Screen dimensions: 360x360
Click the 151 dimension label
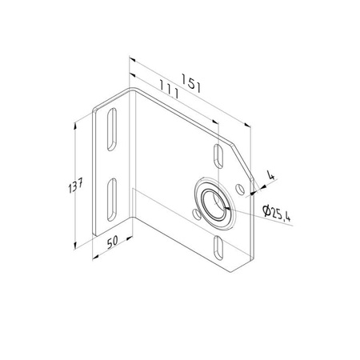[x=190, y=83]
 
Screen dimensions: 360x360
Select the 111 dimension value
[x=169, y=89]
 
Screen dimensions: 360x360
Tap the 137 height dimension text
[x=75, y=185]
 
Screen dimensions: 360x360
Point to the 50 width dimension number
[x=112, y=242]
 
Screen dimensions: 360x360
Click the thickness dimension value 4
[x=270, y=175]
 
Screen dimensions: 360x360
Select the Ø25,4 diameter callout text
[x=276, y=214]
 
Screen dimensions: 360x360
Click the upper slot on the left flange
[x=112, y=129]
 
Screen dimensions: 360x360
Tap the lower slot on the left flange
[x=112, y=199]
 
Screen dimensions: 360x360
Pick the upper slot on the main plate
[x=218, y=156]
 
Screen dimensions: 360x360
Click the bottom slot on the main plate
[x=218, y=248]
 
